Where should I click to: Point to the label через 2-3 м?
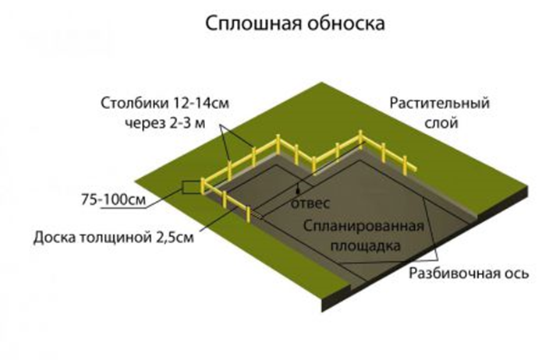[160, 122]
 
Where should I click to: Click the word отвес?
[310, 203]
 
